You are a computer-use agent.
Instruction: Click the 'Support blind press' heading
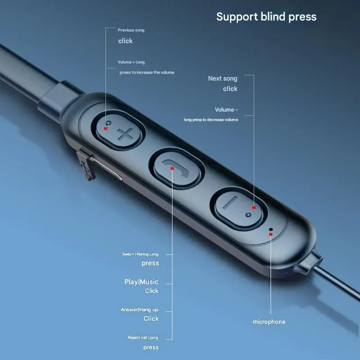tap(266, 17)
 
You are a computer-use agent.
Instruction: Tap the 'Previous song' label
tap(131, 30)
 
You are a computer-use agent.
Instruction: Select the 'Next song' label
tap(223, 78)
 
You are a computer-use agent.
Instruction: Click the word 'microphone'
tap(269, 322)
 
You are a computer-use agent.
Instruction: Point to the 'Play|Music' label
tap(141, 282)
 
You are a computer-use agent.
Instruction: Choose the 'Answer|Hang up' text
tap(139, 310)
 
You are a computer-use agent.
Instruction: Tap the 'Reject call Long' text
tap(143, 337)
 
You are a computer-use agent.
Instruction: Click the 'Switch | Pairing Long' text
tap(140, 254)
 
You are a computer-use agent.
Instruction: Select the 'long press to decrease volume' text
tap(211, 120)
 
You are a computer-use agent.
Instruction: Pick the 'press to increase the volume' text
tap(147, 72)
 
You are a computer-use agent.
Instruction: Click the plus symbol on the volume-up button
tap(125, 134)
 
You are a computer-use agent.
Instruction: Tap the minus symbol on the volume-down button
tap(230, 202)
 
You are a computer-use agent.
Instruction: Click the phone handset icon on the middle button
tap(176, 169)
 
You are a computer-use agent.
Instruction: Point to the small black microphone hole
tap(271, 229)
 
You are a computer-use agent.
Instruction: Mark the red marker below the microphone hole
tap(271, 234)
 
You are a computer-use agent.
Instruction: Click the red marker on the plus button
tap(106, 128)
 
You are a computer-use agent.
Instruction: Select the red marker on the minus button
tap(254, 207)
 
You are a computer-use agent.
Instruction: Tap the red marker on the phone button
tap(172, 168)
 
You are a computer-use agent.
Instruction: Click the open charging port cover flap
tap(85, 165)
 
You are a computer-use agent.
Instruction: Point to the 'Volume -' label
tap(226, 110)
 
